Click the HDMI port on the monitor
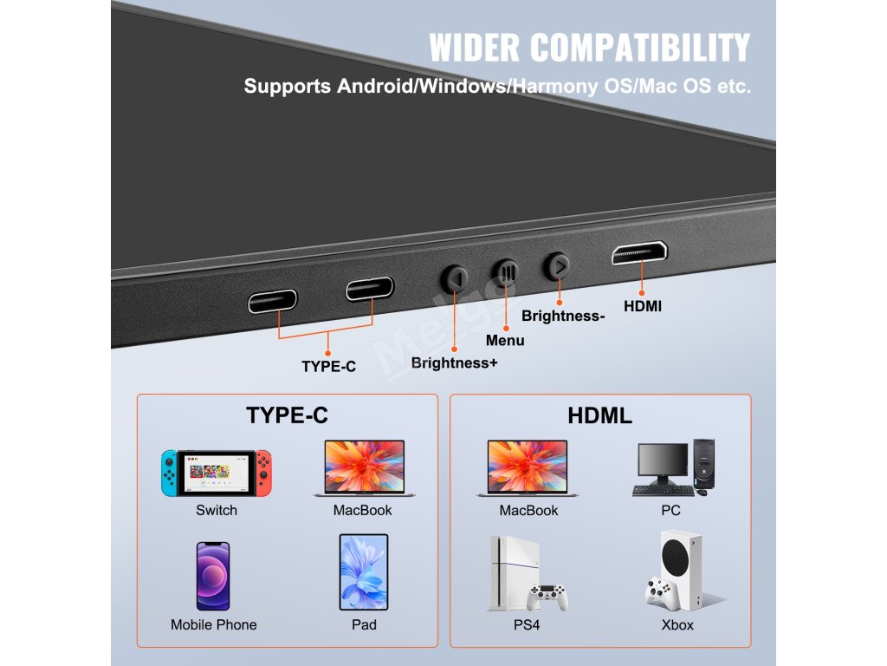click(639, 253)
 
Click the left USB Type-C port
click(272, 301)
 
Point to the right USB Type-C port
click(370, 288)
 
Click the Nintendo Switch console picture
click(217, 473)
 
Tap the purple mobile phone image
click(213, 576)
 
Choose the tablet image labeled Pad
click(364, 572)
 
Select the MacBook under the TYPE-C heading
click(364, 468)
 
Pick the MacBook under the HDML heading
click(528, 468)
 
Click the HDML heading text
click(599, 415)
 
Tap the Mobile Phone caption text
click(214, 624)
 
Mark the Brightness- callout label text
click(563, 317)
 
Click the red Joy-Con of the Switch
click(263, 473)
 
